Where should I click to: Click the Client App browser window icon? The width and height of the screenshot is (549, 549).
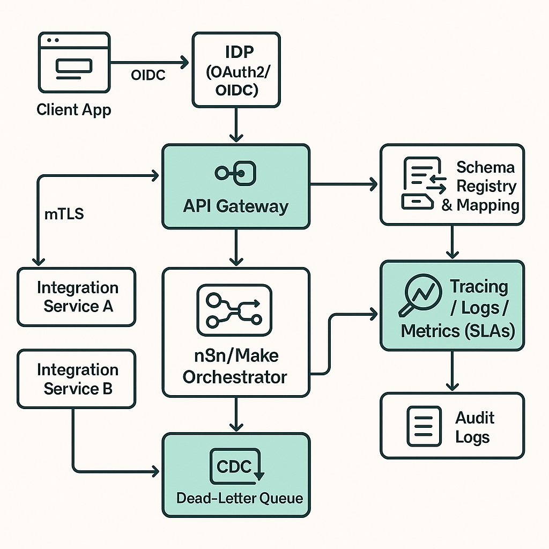click(74, 63)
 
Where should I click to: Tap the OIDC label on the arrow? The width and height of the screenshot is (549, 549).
click(148, 75)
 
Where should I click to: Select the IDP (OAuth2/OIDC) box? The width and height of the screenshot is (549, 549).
click(236, 70)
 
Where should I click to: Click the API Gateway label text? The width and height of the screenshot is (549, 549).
click(236, 206)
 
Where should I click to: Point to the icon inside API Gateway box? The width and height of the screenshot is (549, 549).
click(236, 173)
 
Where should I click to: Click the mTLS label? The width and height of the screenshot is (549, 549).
click(63, 215)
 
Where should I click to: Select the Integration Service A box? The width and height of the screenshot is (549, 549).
click(77, 297)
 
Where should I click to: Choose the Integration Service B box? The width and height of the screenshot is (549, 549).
click(77, 379)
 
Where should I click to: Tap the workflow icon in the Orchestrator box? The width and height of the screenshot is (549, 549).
click(235, 306)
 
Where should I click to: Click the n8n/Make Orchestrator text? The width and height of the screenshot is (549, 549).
click(235, 366)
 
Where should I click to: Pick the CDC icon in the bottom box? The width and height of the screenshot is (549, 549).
click(236, 467)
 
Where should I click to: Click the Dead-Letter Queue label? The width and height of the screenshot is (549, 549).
click(240, 498)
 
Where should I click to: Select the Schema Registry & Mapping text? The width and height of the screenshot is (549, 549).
click(480, 186)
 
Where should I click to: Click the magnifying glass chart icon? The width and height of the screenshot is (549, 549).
click(419, 295)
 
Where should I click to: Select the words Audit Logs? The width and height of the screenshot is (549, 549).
click(474, 427)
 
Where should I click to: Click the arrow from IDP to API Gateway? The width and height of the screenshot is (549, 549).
click(236, 124)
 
